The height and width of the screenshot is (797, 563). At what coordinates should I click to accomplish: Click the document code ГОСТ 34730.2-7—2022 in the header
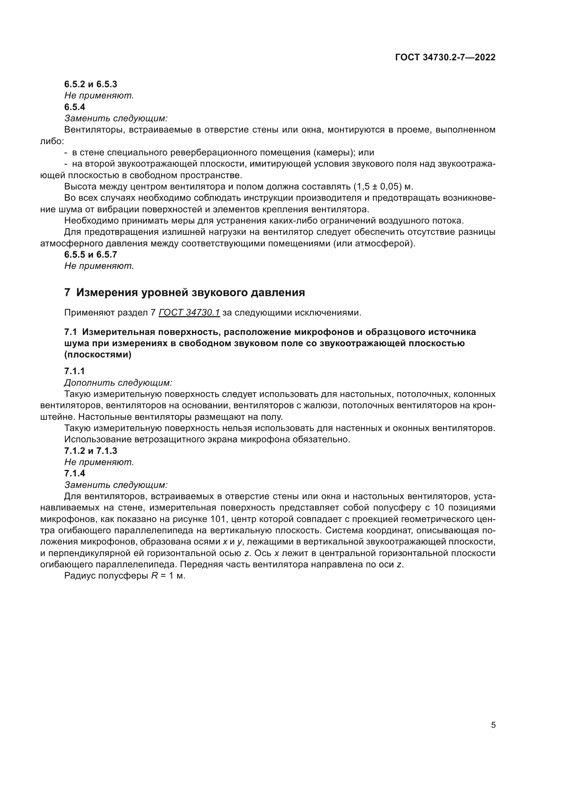point(445,57)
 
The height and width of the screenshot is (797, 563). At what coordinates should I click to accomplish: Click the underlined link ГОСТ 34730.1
point(189,313)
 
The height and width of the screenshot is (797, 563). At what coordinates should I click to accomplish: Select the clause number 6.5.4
point(75,107)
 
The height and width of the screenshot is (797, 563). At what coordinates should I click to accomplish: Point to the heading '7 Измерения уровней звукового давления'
point(184,292)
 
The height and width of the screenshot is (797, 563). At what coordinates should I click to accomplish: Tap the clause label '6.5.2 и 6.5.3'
point(91,84)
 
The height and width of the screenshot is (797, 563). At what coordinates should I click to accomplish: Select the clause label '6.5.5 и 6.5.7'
point(91,255)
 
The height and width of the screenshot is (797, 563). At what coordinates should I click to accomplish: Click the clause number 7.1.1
point(75,371)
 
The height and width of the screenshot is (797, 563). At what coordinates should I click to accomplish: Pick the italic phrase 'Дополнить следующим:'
point(118,383)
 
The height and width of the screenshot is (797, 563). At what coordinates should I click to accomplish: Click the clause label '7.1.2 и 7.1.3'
point(91,451)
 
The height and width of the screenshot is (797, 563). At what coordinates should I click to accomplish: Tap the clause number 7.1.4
point(75,474)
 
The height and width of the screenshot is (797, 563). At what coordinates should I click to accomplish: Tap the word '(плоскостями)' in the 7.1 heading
point(98,355)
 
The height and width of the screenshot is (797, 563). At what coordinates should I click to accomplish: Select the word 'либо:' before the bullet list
point(52,141)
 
